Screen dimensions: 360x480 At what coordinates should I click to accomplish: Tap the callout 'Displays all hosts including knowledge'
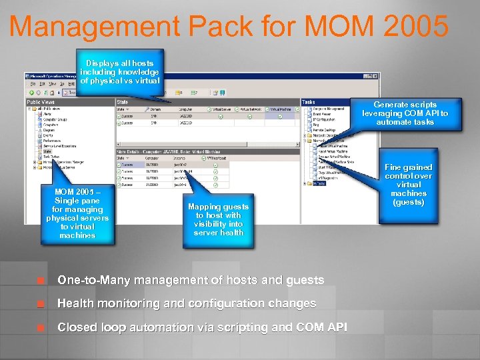[119, 72]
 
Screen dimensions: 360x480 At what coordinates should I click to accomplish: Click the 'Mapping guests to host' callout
[218, 220]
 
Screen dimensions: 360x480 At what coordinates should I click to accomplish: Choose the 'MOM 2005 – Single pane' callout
[77, 213]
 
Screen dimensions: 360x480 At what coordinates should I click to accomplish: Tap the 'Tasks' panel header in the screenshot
[309, 102]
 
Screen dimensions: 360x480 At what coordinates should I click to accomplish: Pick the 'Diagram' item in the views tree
[49, 130]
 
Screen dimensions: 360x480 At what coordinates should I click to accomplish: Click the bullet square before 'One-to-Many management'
[41, 280]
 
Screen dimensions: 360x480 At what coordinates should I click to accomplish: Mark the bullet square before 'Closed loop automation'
[41, 328]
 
